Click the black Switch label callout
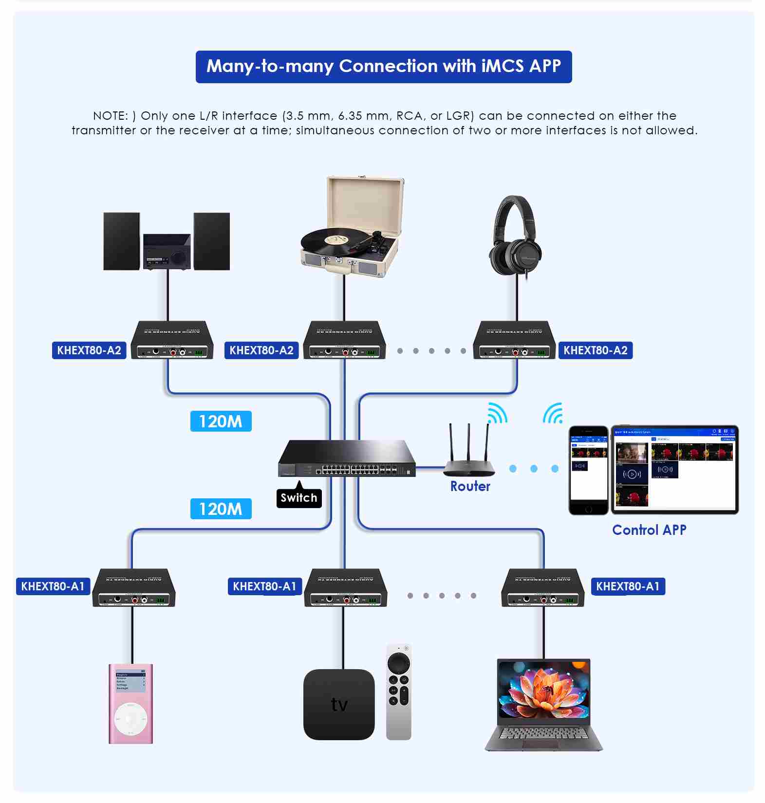299,498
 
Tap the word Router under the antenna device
470,486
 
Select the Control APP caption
649,530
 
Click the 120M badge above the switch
221,421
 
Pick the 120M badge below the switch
221,509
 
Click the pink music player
131,703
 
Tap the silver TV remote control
399,692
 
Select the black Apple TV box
339,704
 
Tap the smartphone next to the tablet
589,470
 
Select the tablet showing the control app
674,470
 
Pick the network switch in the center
347,459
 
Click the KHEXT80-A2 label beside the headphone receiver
596,350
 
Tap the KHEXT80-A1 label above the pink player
53,586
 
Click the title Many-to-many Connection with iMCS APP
384,67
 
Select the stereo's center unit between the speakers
167,252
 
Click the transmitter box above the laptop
543,588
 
